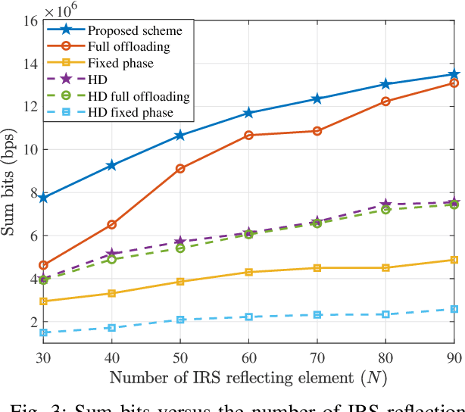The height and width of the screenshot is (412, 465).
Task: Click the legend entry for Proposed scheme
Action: point(134,30)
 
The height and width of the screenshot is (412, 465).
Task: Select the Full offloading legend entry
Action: point(128,47)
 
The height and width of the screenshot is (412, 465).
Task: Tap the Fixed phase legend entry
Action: point(119,63)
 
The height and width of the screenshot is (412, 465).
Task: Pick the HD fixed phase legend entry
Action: point(130,113)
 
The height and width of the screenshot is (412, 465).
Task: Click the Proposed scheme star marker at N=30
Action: point(43,198)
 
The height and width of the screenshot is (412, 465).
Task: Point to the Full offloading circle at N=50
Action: point(180,168)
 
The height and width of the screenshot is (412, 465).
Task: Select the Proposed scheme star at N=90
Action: point(454,74)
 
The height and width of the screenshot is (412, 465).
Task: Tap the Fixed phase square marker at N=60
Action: point(248,272)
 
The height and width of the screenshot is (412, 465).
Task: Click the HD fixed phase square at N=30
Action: point(43,332)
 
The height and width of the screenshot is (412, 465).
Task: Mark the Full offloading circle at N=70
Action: point(317,131)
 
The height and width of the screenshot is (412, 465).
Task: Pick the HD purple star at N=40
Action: point(111,254)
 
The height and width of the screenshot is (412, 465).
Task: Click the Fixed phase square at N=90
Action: point(454,260)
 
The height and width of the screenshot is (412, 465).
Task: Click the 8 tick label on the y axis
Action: point(32,193)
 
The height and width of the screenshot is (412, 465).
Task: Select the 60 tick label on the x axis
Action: point(248,355)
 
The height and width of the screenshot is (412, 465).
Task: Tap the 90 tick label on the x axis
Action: point(453,355)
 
